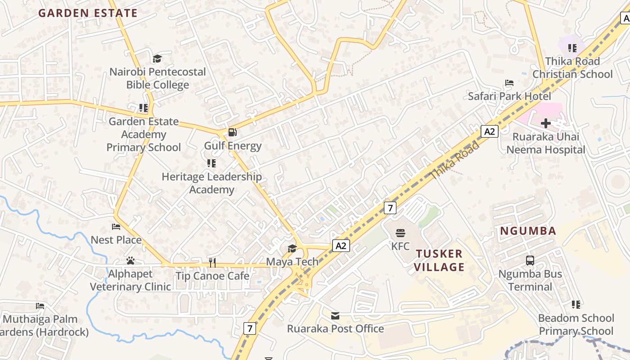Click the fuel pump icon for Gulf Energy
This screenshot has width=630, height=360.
point(233,132)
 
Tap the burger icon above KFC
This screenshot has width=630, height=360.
point(400,233)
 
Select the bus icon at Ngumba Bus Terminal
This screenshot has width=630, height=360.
point(530,260)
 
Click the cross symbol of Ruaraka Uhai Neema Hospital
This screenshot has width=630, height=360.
point(546,123)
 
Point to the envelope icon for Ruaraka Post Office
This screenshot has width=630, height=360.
point(335,315)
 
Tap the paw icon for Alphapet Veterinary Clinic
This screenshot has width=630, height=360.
point(130,261)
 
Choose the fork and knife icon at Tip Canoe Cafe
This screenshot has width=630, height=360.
point(212,262)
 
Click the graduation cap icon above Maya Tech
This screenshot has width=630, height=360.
point(292,248)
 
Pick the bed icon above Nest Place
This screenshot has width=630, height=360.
point(116,227)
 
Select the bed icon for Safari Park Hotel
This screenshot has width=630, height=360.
point(509,83)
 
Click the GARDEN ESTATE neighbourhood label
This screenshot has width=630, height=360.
point(88,13)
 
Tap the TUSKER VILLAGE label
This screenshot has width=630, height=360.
point(439,260)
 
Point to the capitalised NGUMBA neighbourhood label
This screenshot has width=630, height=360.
point(528,231)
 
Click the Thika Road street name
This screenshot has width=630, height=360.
point(455,160)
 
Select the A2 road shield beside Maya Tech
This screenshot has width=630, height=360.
point(341,246)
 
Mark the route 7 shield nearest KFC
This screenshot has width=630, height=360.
point(390,208)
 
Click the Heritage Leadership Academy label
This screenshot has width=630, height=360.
point(211,183)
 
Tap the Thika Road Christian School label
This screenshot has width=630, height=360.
point(572,67)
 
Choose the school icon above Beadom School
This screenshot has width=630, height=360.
point(576,305)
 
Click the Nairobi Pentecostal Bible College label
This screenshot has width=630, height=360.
point(157,78)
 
